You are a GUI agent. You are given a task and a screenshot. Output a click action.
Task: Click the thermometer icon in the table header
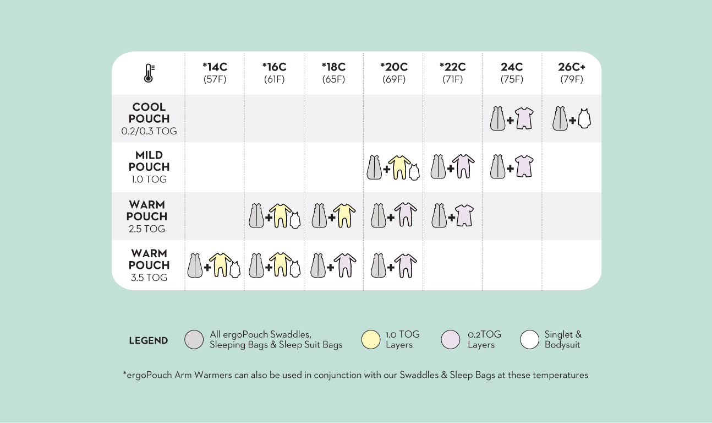click(149, 73)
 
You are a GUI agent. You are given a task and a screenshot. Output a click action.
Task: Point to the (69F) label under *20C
click(393, 79)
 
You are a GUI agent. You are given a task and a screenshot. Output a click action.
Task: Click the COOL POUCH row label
click(149, 113)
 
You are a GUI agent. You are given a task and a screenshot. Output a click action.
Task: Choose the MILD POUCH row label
click(149, 161)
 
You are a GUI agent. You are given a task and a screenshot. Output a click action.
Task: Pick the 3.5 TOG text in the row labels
click(149, 278)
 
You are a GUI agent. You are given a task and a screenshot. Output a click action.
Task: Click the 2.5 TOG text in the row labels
click(147, 229)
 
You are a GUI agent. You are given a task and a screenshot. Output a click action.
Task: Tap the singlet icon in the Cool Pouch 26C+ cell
click(585, 119)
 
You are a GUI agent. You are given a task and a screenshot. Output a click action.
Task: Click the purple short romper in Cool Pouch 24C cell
click(523, 119)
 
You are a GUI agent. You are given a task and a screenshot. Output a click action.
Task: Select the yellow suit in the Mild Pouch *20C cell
click(399, 167)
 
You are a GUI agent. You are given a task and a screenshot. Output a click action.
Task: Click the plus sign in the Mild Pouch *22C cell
click(451, 169)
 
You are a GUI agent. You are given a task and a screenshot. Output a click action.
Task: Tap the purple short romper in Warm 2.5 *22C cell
click(464, 216)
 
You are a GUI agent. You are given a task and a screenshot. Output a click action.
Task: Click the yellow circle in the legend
click(371, 340)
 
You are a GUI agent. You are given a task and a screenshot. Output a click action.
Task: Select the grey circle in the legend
click(195, 340)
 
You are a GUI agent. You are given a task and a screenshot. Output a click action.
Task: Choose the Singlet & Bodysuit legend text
click(563, 339)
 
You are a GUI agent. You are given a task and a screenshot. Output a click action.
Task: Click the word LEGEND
click(149, 340)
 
